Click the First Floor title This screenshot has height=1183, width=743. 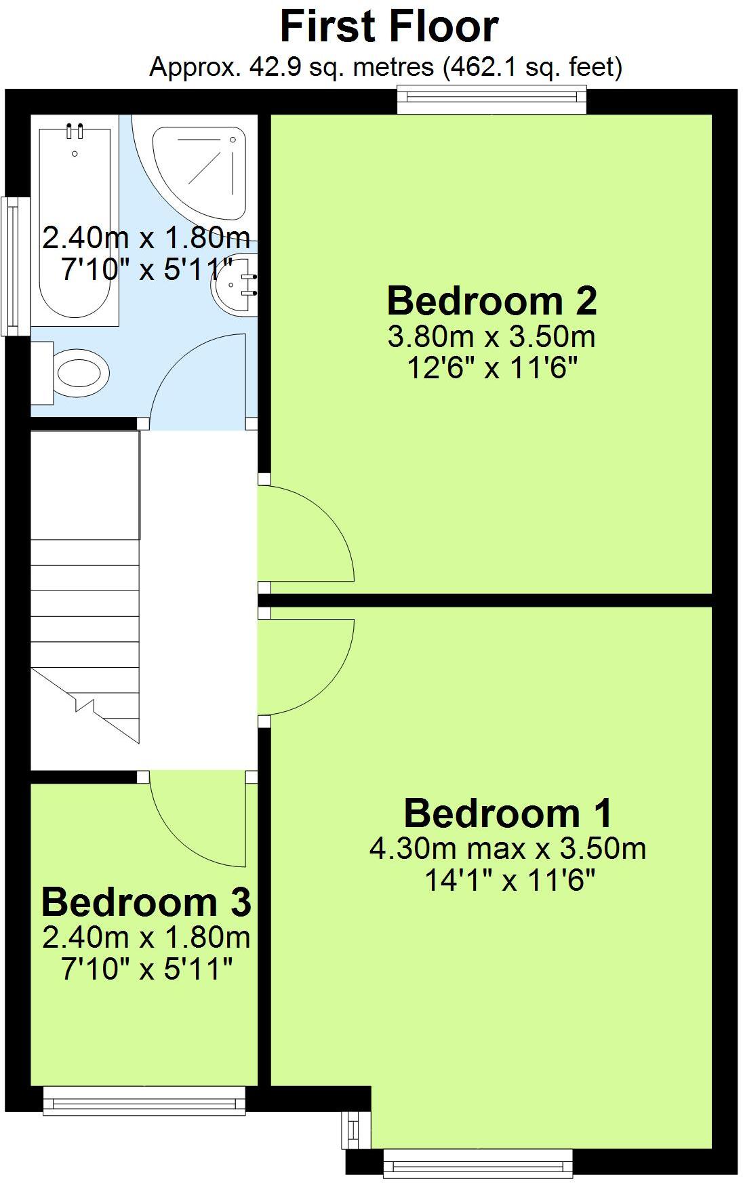[x=389, y=27]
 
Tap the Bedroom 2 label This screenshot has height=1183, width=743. [x=491, y=301]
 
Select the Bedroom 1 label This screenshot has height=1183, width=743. [x=508, y=813]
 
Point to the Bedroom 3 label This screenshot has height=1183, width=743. [x=146, y=902]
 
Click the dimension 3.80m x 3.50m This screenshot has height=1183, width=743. [x=491, y=336]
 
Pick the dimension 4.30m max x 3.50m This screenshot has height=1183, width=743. [x=508, y=848]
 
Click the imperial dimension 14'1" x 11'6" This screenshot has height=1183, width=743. [x=509, y=880]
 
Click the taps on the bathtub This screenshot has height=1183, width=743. [x=75, y=131]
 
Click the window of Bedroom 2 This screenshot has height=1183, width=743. [x=491, y=100]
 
